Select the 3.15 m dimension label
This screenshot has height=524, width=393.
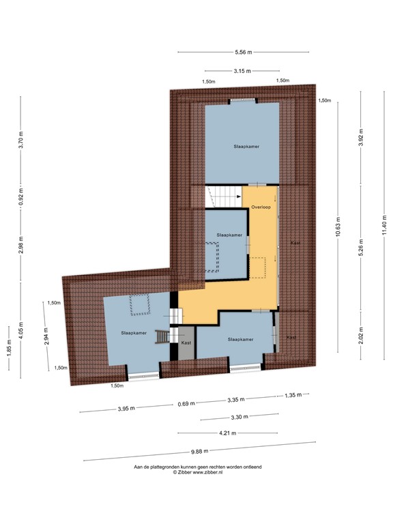tap(242, 71)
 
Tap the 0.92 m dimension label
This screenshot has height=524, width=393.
tap(21, 198)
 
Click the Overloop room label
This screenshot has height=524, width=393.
tap(261, 206)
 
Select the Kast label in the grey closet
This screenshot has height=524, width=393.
tap(186, 342)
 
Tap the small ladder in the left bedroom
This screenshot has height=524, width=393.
tap(162, 336)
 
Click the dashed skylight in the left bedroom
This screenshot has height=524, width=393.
tap(140, 304)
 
